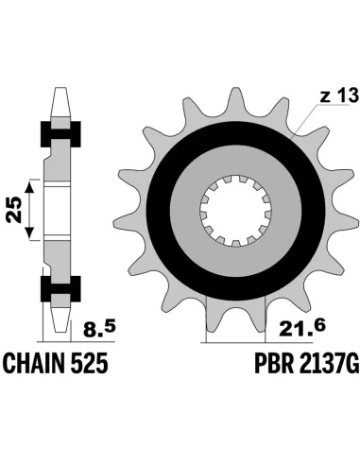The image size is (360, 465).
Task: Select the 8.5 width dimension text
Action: (x=99, y=330)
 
